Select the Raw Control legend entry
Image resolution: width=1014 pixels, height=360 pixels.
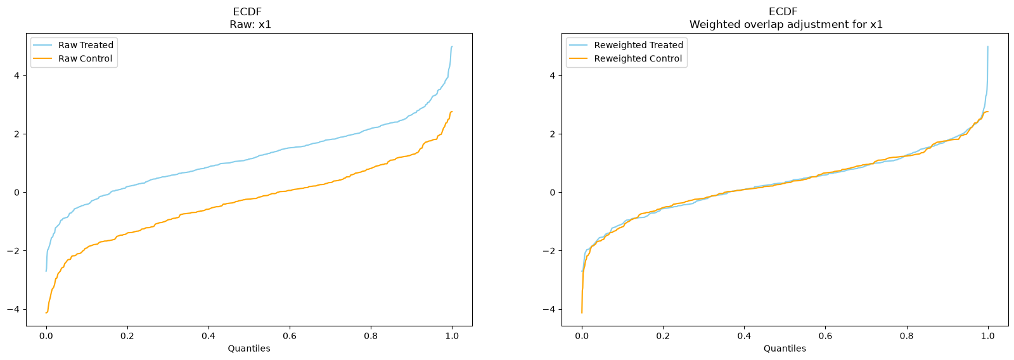point(73,58)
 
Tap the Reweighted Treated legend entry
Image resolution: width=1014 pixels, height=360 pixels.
point(626,45)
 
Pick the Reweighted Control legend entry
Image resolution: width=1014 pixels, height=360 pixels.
point(626,58)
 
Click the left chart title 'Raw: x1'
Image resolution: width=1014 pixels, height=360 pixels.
point(250,25)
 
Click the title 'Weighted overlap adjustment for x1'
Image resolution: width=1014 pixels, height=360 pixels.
point(786,25)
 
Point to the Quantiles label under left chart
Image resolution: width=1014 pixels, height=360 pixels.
point(249,349)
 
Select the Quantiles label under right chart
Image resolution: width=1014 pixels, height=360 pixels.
point(785,349)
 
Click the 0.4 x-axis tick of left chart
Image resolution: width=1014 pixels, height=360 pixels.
point(209,336)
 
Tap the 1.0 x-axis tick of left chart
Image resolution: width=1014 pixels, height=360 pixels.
point(452,336)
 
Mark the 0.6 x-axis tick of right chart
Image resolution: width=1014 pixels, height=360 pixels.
point(825,336)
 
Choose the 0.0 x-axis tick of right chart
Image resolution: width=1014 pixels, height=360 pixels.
point(582,336)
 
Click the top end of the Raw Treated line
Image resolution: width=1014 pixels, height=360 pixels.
point(452,47)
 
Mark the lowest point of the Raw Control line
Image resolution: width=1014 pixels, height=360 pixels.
point(46,313)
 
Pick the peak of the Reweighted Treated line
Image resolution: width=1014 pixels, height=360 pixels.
point(988,47)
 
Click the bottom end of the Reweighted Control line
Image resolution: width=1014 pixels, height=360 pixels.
point(582,313)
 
